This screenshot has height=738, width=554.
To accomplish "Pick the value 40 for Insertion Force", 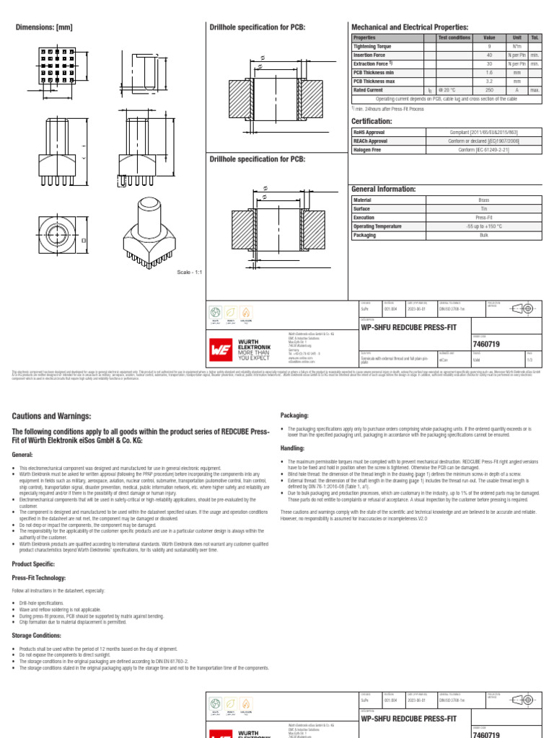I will pyautogui.click(x=489, y=55).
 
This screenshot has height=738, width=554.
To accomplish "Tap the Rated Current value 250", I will pyautogui.click(x=489, y=90).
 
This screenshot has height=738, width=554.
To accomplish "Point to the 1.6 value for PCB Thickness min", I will pyautogui.click(x=489, y=73).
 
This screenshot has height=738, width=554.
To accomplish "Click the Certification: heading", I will pyautogui.click(x=371, y=122).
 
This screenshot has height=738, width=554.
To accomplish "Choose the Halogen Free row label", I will pyautogui.click(x=367, y=150).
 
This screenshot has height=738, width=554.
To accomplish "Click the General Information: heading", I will pyautogui.click(x=383, y=189).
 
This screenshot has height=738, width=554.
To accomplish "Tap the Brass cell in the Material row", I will pyautogui.click(x=483, y=200).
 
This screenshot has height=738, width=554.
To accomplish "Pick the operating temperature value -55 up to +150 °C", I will pyautogui.click(x=483, y=226).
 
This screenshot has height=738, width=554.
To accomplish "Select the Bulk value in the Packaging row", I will pyautogui.click(x=483, y=235).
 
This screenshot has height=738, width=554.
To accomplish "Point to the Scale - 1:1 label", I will pyautogui.click(x=190, y=272).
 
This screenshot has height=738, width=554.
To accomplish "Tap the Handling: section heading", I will pyautogui.click(x=292, y=448).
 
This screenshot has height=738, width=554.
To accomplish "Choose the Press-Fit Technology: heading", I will pyautogui.click(x=39, y=578).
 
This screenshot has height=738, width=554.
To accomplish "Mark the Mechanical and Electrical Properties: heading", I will pyautogui.click(x=409, y=27).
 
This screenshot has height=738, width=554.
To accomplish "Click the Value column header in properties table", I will pyautogui.click(x=489, y=37).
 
